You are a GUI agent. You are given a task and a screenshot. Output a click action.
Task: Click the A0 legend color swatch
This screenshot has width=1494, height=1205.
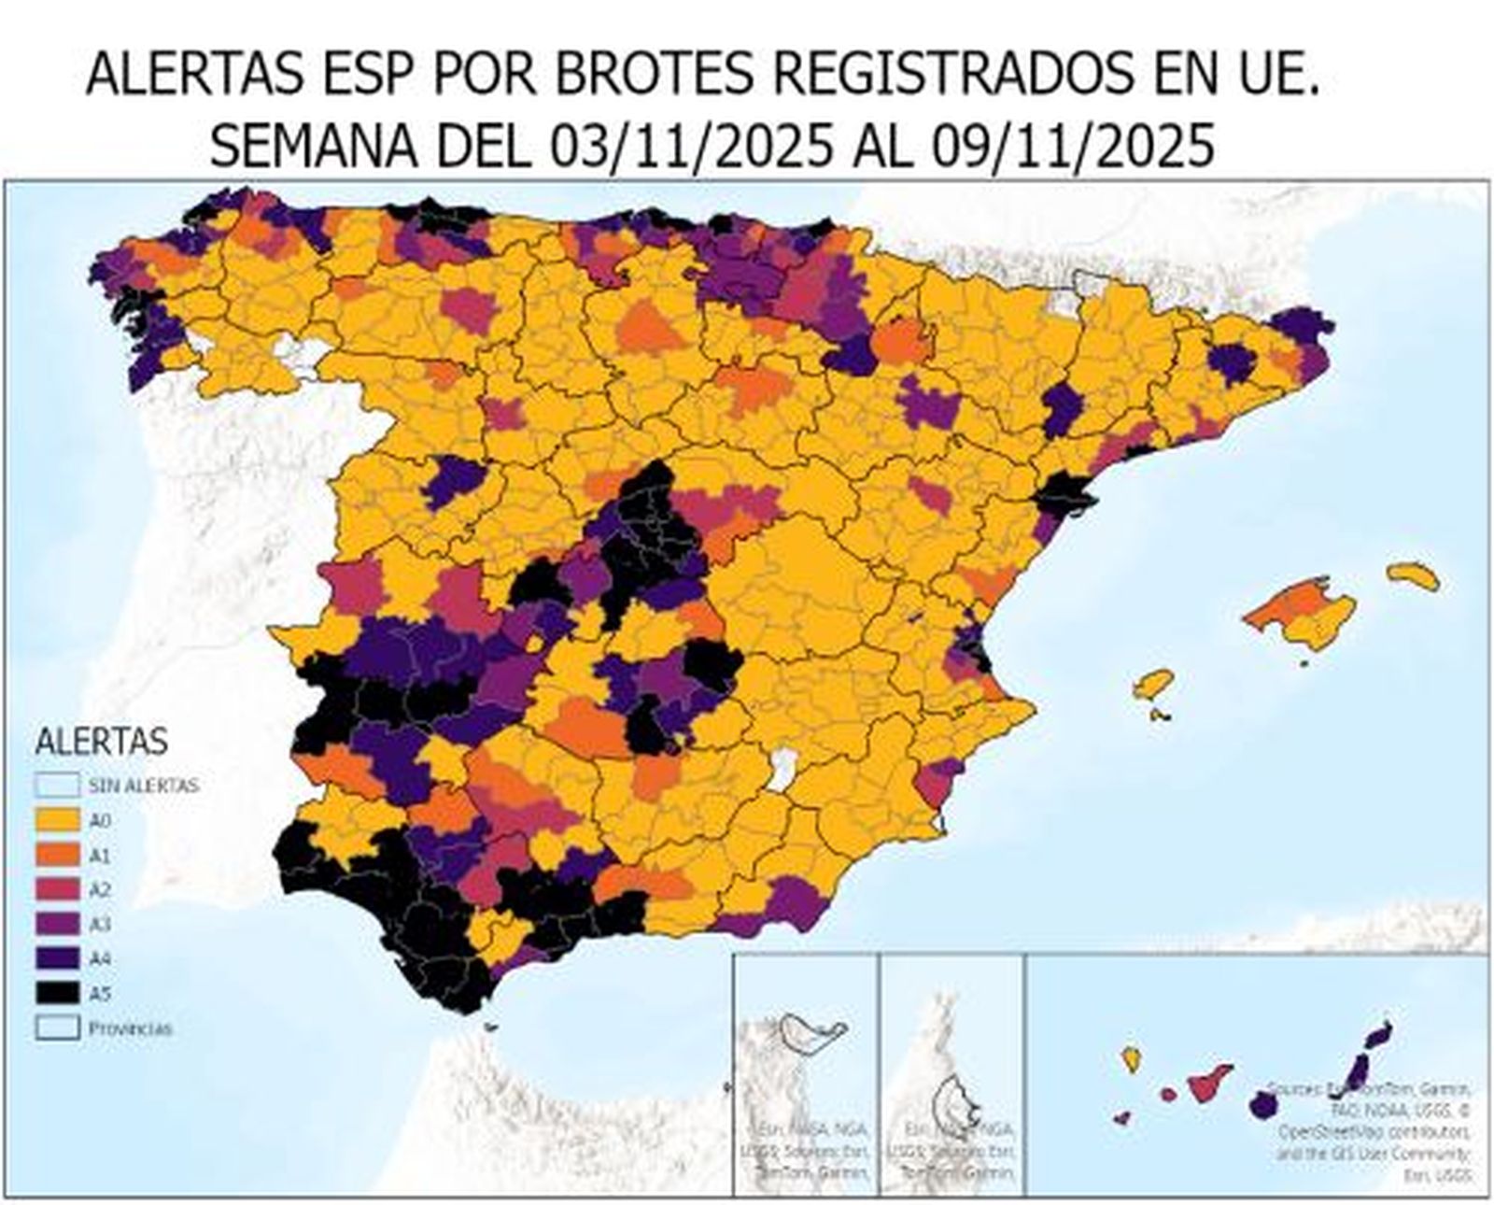[x=56, y=820]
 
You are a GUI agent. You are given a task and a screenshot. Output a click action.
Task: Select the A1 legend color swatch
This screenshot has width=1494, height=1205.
[x=56, y=855]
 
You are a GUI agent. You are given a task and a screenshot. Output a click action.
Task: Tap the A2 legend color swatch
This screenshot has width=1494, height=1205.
[x=56, y=889]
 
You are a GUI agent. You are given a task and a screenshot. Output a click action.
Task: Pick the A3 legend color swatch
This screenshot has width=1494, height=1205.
[x=56, y=924]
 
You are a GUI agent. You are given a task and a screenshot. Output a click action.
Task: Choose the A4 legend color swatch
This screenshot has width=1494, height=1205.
[x=56, y=958]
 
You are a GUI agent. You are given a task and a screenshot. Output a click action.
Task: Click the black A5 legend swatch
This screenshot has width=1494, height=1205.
[x=56, y=993]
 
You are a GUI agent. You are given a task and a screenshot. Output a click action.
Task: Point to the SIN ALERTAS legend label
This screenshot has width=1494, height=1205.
[x=143, y=786]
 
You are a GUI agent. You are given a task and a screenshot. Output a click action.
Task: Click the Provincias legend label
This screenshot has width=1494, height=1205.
[x=130, y=1028]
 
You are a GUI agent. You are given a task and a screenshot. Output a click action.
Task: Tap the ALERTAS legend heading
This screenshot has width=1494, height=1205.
[x=101, y=742]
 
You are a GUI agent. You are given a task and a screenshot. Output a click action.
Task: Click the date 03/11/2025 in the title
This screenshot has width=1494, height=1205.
[x=690, y=147]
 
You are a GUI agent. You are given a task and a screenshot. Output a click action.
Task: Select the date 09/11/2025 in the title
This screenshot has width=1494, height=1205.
[x=1073, y=147]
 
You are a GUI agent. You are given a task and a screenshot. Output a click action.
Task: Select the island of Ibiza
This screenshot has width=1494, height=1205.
[x=1154, y=685]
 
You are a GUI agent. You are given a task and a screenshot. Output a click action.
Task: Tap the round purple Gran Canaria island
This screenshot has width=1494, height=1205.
[x=1262, y=1105]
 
